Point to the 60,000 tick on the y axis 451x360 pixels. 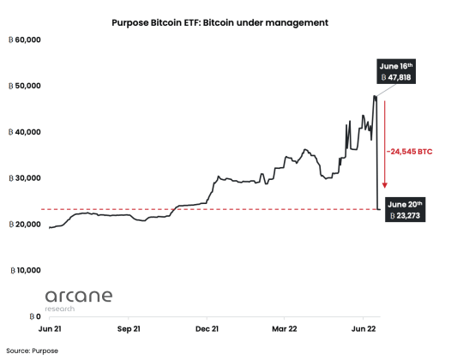click(26, 40)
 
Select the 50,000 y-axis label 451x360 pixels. click(26, 87)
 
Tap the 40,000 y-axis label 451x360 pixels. click(26, 133)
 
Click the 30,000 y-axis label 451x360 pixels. click(26, 178)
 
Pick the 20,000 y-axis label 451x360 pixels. click(26, 225)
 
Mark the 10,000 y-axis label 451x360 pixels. click(26, 270)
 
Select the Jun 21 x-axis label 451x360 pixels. click(49, 327)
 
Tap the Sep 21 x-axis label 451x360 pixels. click(128, 327)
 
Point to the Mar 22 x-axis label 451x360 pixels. click(286, 327)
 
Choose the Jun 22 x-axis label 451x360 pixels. click(364, 327)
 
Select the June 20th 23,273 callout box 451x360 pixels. click(404, 211)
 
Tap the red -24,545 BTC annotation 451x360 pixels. click(409, 151)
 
